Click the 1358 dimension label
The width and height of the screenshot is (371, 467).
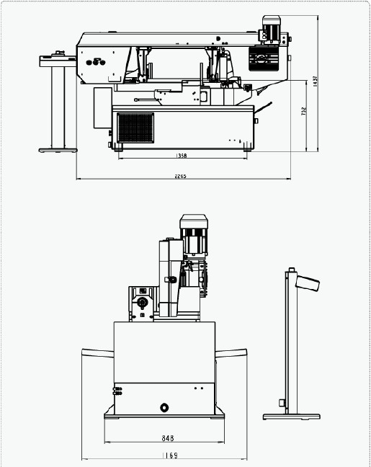[x=182, y=155]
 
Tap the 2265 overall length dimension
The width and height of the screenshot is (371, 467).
[x=180, y=176]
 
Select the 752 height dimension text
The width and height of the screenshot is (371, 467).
[x=303, y=111]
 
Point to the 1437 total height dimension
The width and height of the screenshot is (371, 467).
[x=316, y=81]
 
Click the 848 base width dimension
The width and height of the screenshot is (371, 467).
[x=168, y=438]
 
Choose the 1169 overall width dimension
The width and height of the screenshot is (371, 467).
[x=170, y=455]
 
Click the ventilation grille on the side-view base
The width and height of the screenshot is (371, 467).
[x=135, y=128]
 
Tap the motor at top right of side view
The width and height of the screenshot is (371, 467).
[x=272, y=29]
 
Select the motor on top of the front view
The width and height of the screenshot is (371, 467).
[x=194, y=234]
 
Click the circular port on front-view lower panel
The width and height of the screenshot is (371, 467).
[x=164, y=407]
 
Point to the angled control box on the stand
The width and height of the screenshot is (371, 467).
[x=308, y=283]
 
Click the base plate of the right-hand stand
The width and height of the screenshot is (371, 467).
[x=292, y=417]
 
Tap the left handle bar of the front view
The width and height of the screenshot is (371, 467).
[x=98, y=353]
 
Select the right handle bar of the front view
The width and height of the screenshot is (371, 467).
[x=231, y=353]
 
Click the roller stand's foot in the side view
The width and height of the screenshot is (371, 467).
[x=58, y=151]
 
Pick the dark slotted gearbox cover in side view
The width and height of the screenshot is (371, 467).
[x=264, y=58]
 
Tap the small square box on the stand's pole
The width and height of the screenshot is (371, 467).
[x=282, y=403]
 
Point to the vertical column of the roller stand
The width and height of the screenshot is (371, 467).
[x=58, y=107]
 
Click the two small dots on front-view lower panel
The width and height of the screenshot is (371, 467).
[x=199, y=388]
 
